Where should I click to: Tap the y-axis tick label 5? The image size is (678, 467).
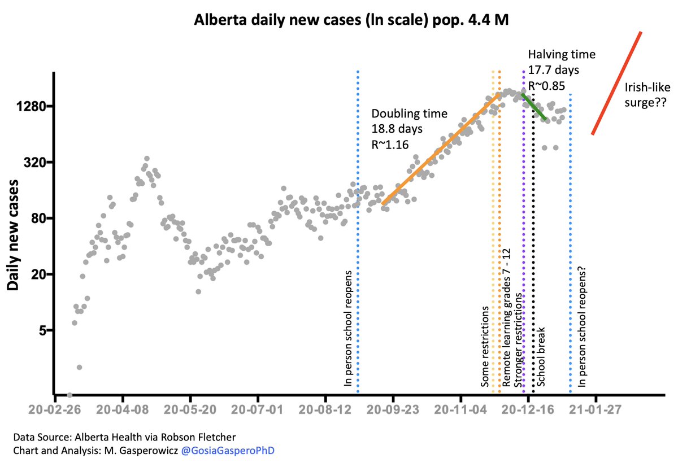click(x=41, y=330)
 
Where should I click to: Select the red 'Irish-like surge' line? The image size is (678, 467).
click(x=616, y=83)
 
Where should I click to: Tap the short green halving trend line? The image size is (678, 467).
click(x=534, y=106)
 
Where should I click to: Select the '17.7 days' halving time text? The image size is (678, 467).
click(x=553, y=68)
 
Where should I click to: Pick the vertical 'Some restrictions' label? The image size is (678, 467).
click(x=485, y=347)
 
